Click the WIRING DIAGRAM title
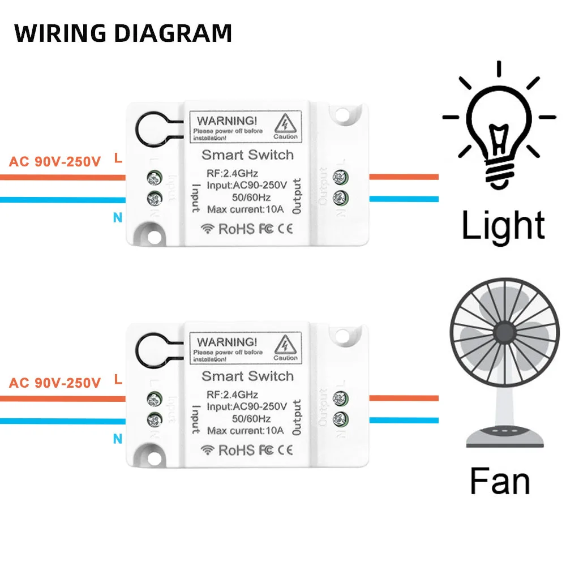coord(123,33)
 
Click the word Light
coord(503,225)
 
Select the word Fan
coord(500,481)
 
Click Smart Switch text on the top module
coord(248,155)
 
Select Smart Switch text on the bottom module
coord(248,376)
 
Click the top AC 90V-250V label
coord(55,162)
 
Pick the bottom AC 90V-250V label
coord(55,383)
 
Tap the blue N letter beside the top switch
coord(118,217)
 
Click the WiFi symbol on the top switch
coord(209,229)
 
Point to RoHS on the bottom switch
coord(237,451)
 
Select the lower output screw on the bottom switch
coord(340,419)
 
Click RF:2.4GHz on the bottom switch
coord(233,394)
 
